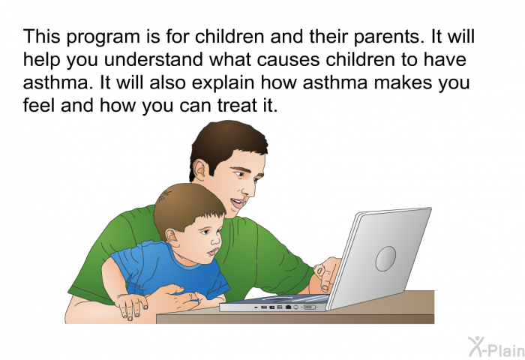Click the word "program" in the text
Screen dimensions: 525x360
coord(103,37)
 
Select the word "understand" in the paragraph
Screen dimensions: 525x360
coord(154,59)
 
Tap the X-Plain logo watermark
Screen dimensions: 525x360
coord(496,347)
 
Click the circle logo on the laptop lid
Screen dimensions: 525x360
coord(385,259)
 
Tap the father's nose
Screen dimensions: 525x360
coord(250,189)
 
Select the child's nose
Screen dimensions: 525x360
coord(216,240)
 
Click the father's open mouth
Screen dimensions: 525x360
coord(238,203)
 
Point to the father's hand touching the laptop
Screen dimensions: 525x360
coord(326,274)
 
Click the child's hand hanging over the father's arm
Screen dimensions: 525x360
coord(131,305)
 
